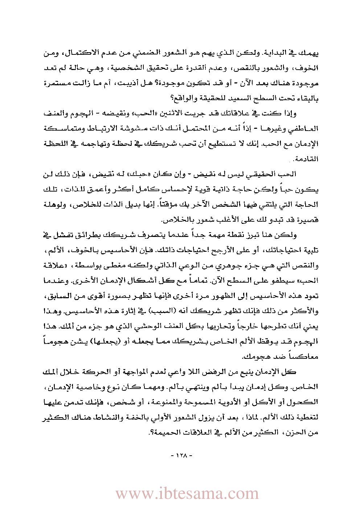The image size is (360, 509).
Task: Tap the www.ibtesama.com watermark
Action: [187, 494]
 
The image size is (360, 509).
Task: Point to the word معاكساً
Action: [306, 357]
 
